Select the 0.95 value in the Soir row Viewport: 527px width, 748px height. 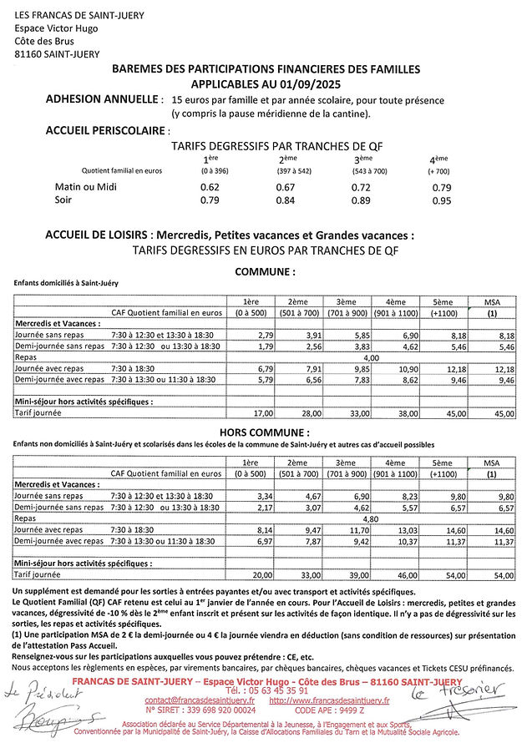pos(442,200)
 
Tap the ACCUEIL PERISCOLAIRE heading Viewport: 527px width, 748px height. pos(106,130)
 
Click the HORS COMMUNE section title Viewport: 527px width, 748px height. pos(264,432)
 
